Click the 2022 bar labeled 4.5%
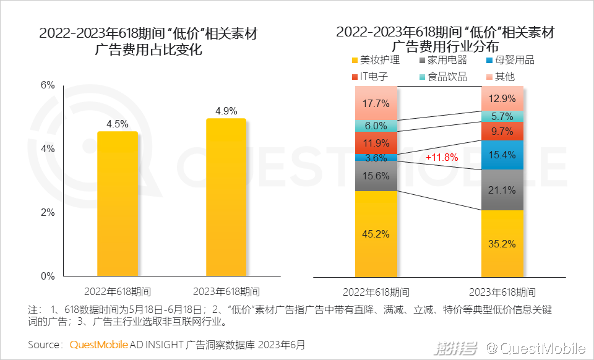118,204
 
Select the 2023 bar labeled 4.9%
226,198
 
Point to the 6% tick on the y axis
48,85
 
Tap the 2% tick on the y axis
48,213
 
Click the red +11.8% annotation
442,158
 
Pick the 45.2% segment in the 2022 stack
376,234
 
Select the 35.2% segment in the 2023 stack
502,243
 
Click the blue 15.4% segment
502,155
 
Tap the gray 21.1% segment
502,190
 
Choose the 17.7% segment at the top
376,103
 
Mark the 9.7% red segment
502,131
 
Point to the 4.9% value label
226,111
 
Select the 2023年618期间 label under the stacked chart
502,292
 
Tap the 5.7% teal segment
502,116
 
